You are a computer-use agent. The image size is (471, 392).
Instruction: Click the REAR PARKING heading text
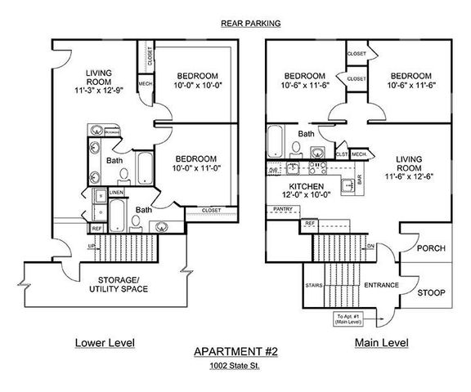(x=250, y=24)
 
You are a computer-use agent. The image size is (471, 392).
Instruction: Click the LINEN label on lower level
(x=116, y=192)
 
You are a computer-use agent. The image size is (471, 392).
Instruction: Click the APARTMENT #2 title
(x=235, y=352)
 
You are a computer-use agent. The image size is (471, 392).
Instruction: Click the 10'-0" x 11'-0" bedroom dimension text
(x=196, y=168)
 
